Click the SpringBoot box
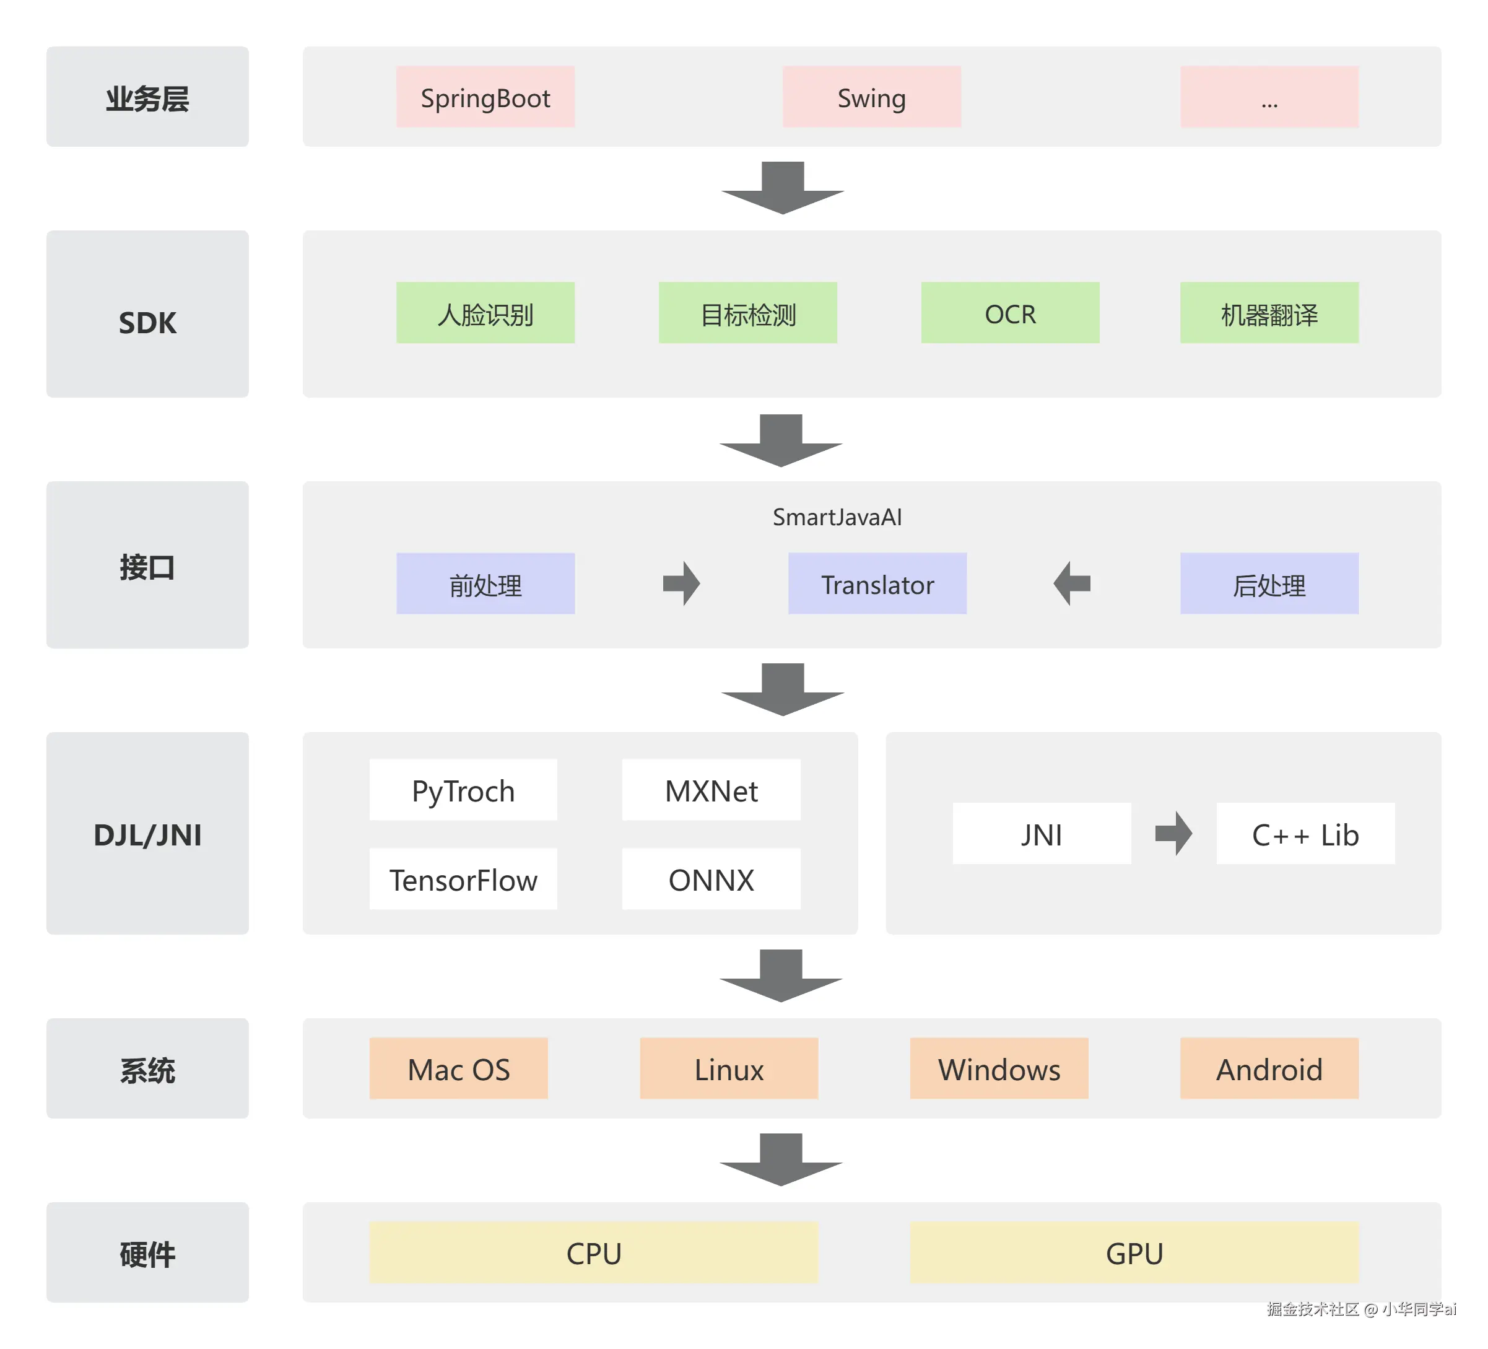(485, 97)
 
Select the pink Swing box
(871, 97)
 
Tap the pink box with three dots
(1269, 97)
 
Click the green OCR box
(1010, 312)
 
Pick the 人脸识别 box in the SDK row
(485, 312)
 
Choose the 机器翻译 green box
(1269, 312)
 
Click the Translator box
(877, 583)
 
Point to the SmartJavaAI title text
(837, 517)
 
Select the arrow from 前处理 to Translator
(681, 583)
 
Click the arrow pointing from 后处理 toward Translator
(1072, 583)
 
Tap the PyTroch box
(463, 790)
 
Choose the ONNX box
(711, 879)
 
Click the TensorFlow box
(463, 879)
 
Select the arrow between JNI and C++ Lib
(1173, 834)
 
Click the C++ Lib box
(1305, 834)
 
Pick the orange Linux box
(728, 1068)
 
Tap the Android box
(1269, 1068)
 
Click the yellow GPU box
(1134, 1252)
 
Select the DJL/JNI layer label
(147, 834)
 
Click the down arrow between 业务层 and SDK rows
(782, 188)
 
